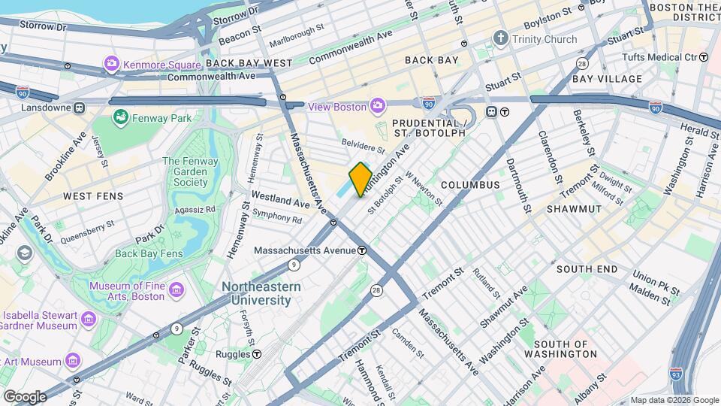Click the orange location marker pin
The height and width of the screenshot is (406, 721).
(x=360, y=179)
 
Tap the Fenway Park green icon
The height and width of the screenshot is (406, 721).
(x=119, y=117)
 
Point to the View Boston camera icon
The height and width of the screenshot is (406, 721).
(x=377, y=107)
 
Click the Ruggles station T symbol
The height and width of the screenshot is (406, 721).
(x=257, y=353)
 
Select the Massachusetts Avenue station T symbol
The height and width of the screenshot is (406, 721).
(x=362, y=250)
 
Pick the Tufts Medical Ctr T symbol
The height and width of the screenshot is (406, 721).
(x=703, y=57)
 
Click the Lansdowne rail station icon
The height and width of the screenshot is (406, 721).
(x=78, y=108)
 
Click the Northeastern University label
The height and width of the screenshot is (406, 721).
(x=261, y=294)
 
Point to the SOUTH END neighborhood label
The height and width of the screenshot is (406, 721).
(x=587, y=269)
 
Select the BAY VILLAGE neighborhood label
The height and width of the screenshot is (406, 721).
(x=607, y=79)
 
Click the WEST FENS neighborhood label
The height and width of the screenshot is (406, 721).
(x=88, y=196)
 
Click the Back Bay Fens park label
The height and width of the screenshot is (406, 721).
(x=149, y=254)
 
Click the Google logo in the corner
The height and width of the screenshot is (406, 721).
(x=24, y=396)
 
